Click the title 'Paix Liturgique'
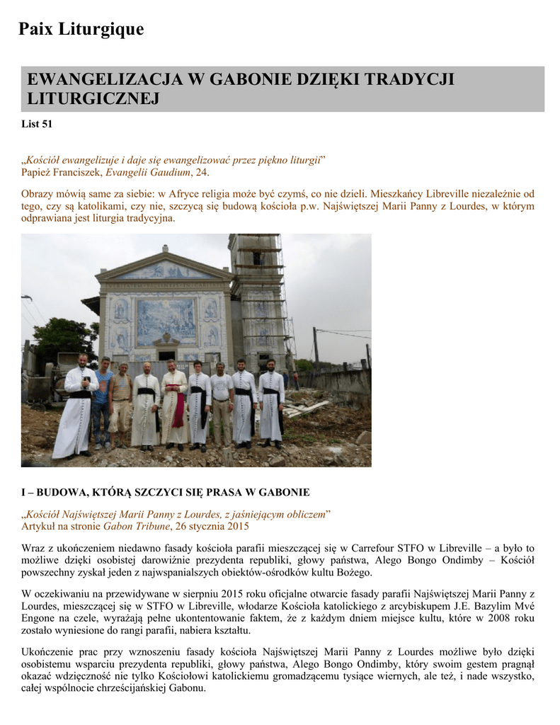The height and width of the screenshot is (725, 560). (81, 29)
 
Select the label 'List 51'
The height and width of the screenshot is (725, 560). (37, 125)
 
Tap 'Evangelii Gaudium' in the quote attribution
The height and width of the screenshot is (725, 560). (148, 172)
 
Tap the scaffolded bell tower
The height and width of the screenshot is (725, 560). (258, 297)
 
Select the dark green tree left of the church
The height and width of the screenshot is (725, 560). (64, 336)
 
